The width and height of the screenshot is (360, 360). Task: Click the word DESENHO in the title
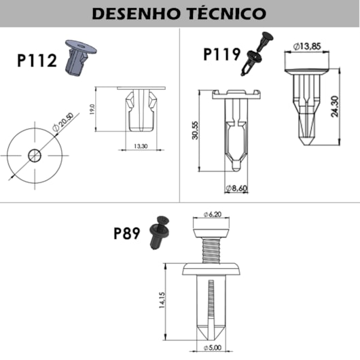coord(137,13)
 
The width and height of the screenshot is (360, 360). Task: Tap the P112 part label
coord(37,61)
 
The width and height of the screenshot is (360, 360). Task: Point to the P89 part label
coord(126,234)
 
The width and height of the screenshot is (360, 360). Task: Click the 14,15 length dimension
coord(162,301)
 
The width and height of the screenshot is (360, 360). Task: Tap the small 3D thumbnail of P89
coord(160,232)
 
